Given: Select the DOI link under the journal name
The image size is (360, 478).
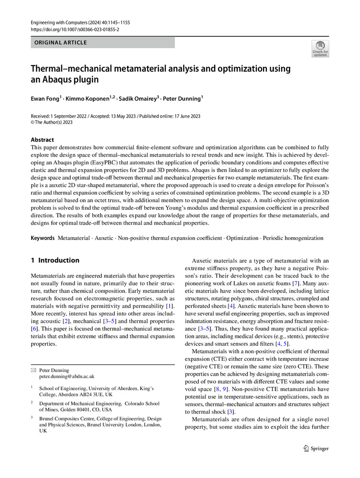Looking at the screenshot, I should pyautogui.click(x=75, y=29).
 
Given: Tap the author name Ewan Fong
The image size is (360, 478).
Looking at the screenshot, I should pyautogui.click(x=45, y=98).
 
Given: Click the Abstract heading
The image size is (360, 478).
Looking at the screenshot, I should pyautogui.click(x=42, y=140).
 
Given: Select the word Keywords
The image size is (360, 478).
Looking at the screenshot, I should pyautogui.click(x=43, y=238).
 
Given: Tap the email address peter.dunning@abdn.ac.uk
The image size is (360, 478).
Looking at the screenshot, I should pyautogui.click(x=67, y=376).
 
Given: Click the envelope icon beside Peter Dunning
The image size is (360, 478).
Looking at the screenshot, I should pyautogui.click(x=33, y=370).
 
